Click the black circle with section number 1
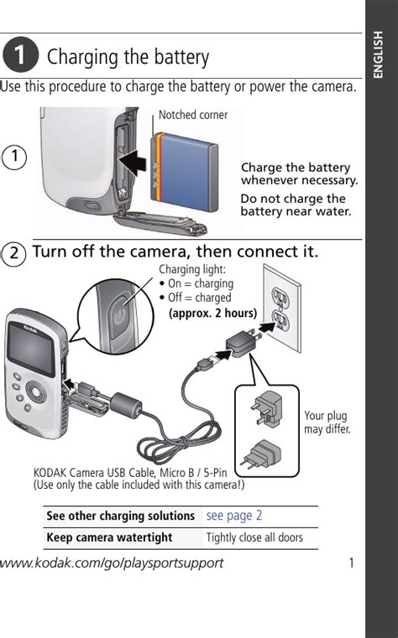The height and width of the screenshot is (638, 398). coord(20,54)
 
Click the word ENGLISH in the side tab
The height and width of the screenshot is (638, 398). coord(379,54)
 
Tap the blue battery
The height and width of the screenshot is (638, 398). coord(185,171)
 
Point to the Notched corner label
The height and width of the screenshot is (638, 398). coord(192,115)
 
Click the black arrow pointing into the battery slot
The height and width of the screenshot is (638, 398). coord(133,162)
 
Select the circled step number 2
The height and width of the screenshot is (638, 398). coord(13,253)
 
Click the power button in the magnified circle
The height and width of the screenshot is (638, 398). coord(118,316)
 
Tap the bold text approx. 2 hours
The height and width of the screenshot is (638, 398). coord(213,313)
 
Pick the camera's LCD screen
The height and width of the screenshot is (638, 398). coord(31,349)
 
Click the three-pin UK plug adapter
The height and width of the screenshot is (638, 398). coord(266,408)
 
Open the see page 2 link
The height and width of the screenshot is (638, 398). coord(234,516)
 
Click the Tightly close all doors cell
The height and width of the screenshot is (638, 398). coord(254,537)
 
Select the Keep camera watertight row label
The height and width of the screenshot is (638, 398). coord(109,537)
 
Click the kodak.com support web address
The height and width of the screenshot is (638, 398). coord(112,563)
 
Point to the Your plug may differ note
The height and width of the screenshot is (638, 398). coord(327,423)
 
